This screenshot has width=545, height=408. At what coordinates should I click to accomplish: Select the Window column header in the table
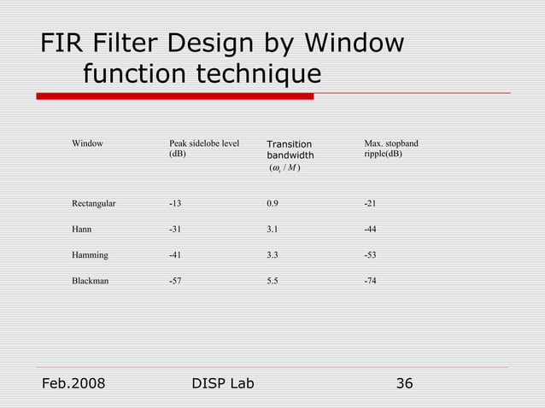click(x=87, y=143)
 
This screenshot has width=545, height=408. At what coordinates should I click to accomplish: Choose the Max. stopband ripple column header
click(x=390, y=149)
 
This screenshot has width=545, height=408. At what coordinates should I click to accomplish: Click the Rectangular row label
click(x=94, y=204)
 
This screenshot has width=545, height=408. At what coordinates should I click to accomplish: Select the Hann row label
click(x=82, y=230)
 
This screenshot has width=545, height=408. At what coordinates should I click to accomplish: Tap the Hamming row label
click(x=90, y=255)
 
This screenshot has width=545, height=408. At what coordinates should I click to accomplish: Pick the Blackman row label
click(x=90, y=281)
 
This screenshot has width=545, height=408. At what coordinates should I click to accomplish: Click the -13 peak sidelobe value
click(x=175, y=204)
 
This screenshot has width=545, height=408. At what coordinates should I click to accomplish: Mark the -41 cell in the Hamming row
click(x=175, y=255)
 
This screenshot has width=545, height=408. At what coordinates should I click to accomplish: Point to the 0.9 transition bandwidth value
click(x=272, y=204)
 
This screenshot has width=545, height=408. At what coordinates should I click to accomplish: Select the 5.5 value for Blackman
click(x=272, y=281)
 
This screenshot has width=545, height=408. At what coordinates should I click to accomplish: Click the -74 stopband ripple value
click(x=370, y=281)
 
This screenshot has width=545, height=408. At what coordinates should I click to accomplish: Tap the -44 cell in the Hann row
click(x=370, y=230)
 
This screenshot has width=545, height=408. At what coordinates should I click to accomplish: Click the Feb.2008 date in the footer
click(x=73, y=383)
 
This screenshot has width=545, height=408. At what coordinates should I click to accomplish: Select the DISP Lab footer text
click(x=224, y=383)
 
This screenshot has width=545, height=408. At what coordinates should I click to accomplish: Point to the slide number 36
click(x=404, y=383)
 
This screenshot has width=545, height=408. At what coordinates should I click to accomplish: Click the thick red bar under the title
click(x=175, y=96)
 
